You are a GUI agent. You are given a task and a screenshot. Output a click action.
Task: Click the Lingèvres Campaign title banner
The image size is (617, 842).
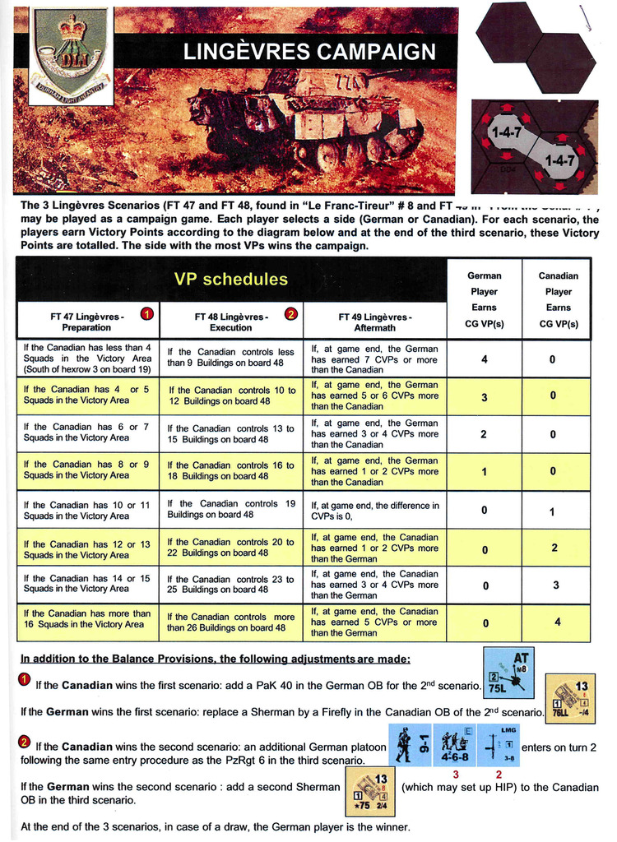pyautogui.click(x=309, y=53)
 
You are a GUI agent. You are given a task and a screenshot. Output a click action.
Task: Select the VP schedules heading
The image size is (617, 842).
pyautogui.click(x=231, y=280)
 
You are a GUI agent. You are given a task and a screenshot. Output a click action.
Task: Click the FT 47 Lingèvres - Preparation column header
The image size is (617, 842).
pyautogui.click(x=86, y=322)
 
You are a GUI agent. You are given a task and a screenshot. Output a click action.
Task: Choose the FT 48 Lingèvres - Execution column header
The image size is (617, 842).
pyautogui.click(x=231, y=322)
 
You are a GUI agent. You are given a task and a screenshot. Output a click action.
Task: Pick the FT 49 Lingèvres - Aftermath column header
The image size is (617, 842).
pyautogui.click(x=376, y=322)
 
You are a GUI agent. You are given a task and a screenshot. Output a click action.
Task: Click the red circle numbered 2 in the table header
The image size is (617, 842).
pyautogui.click(x=290, y=313)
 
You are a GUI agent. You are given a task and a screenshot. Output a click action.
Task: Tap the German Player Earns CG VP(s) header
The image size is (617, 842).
pyautogui.click(x=484, y=299)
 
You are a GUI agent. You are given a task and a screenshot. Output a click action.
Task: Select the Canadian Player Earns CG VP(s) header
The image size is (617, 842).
pyautogui.click(x=558, y=299)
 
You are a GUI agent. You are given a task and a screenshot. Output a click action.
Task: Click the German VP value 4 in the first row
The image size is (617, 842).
pyautogui.click(x=484, y=359)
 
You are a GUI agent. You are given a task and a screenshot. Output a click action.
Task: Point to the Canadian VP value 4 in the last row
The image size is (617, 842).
pyautogui.click(x=558, y=622)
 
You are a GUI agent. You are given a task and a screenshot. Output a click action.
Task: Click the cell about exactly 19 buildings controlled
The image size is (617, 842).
pyautogui.click(x=231, y=509)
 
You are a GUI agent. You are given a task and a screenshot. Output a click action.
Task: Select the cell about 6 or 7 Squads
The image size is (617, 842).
pyautogui.click(x=86, y=433)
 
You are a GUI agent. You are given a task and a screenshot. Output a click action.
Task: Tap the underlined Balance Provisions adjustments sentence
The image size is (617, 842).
pyautogui.click(x=216, y=659)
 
